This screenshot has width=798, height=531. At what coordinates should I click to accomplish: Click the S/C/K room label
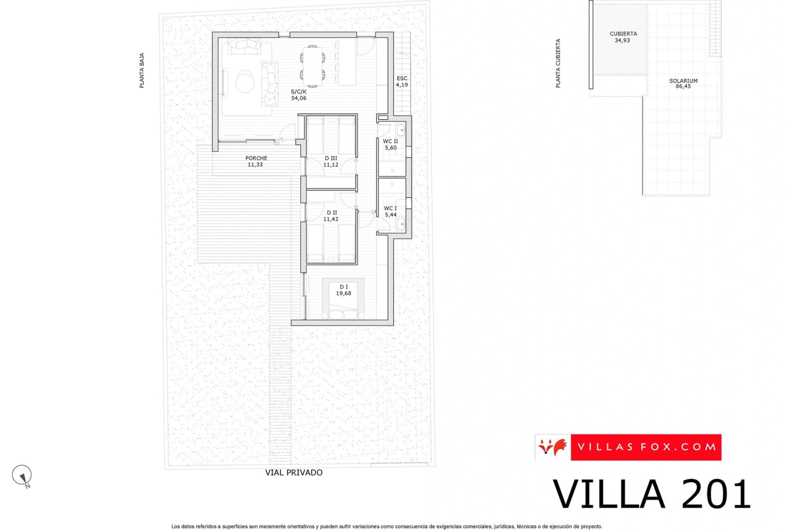click(x=299, y=92)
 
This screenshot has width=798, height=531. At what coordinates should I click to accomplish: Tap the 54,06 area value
click(x=299, y=98)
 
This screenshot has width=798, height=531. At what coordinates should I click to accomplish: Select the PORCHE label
click(x=256, y=158)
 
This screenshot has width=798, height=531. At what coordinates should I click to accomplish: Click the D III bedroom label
click(x=331, y=158)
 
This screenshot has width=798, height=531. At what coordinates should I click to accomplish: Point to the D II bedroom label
click(x=331, y=213)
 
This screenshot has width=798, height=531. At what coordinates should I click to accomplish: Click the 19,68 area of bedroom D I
click(x=343, y=293)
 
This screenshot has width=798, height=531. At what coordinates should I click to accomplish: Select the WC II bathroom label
click(x=391, y=141)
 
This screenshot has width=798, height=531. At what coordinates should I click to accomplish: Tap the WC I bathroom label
click(x=391, y=208)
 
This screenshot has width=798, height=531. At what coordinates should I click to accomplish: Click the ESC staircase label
click(x=402, y=78)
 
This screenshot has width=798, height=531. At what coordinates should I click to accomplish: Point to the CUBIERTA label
click(x=623, y=34)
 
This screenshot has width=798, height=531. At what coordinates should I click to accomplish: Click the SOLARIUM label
click(x=683, y=81)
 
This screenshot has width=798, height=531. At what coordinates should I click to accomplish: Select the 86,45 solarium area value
click(x=683, y=87)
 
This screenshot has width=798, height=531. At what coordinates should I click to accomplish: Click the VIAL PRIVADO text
click(x=294, y=472)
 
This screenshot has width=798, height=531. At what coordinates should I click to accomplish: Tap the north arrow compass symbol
click(x=22, y=476)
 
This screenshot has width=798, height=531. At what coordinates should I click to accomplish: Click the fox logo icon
click(x=553, y=447)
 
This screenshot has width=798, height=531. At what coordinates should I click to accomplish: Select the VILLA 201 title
click(x=651, y=494)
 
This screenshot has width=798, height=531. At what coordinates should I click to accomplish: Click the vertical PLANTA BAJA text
click(x=142, y=71)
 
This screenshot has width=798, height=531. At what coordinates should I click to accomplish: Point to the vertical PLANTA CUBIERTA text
click(x=558, y=63)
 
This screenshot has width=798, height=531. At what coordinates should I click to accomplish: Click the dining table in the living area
click(x=313, y=65)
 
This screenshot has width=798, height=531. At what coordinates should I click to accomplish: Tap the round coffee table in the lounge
click(x=245, y=81)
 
